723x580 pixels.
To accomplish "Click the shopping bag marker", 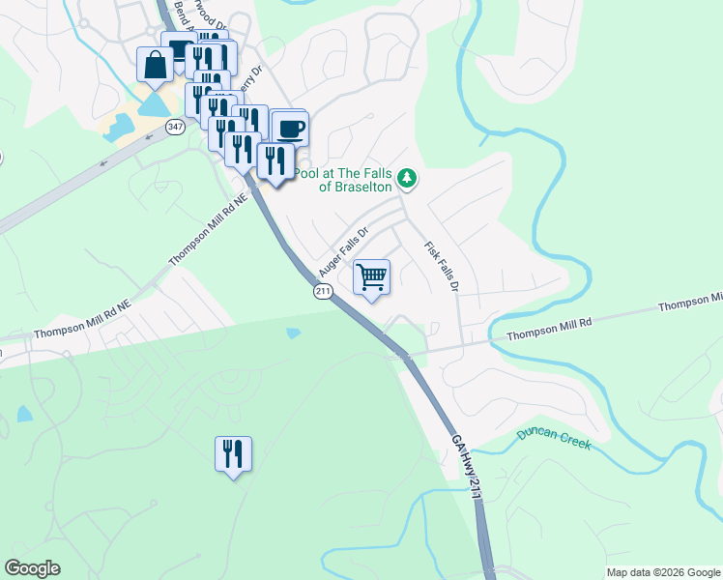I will [155, 66].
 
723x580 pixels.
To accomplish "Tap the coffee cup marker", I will [289, 128].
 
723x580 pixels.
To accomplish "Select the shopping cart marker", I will [371, 277].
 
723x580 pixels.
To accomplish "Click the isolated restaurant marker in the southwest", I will [233, 453].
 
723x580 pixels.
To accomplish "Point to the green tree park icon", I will [408, 178].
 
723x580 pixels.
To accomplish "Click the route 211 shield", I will [324, 291].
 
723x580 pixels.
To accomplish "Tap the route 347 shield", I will [175, 128].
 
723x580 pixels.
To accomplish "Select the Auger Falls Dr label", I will [344, 250].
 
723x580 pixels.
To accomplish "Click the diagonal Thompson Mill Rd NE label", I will [208, 229].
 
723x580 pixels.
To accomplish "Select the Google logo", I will [32, 568].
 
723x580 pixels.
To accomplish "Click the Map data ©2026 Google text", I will [662, 572].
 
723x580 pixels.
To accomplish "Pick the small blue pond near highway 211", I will [293, 333].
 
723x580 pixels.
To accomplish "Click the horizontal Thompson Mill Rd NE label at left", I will [81, 331].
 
